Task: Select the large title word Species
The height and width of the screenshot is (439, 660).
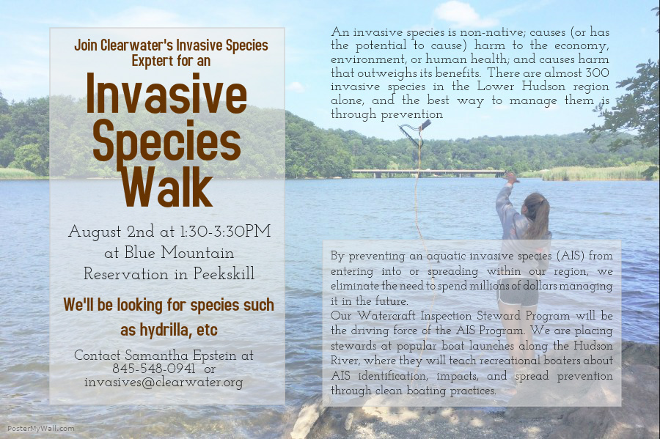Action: pos(166,141)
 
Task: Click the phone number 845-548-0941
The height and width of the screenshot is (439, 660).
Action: pos(153,369)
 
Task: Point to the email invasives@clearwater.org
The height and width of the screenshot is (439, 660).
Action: pos(164,383)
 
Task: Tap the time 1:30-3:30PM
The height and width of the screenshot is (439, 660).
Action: pos(225,232)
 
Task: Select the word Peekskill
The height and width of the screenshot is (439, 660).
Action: pos(224,274)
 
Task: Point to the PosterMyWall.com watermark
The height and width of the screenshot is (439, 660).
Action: pos(41,429)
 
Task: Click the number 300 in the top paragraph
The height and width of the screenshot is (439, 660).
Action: pos(597,73)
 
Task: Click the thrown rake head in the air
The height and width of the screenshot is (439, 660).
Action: pos(414,132)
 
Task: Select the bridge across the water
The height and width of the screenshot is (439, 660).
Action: pos(428,172)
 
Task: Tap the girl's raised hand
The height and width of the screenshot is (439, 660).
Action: pos(511,177)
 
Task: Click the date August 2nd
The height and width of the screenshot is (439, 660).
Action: pos(111,232)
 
